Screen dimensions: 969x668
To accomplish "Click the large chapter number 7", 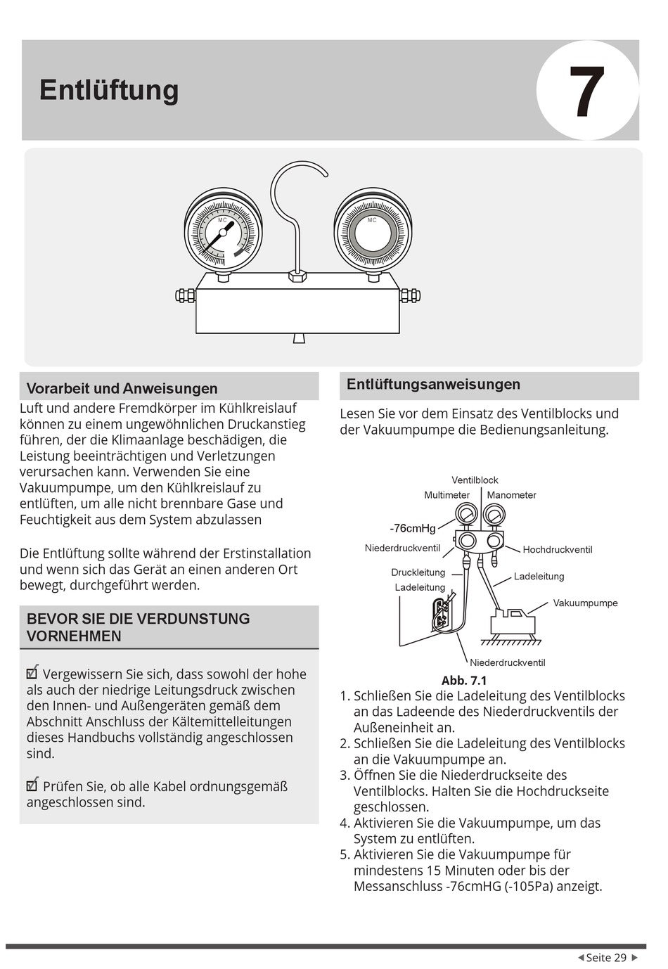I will click(x=586, y=91).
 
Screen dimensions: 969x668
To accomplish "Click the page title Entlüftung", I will click(x=109, y=90).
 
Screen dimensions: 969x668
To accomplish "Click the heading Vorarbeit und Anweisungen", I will click(x=122, y=388).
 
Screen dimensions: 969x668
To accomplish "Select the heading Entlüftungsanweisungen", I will click(x=433, y=384).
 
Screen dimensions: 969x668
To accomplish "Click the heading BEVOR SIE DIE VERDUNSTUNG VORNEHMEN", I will click(x=138, y=627).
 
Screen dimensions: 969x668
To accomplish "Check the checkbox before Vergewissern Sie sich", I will click(x=32, y=672).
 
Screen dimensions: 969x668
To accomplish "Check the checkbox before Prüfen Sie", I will click(x=32, y=785).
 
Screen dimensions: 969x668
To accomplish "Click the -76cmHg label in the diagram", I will click(x=413, y=528).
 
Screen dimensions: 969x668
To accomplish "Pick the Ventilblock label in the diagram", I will click(x=475, y=480).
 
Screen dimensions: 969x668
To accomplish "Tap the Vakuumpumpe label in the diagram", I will click(x=585, y=603).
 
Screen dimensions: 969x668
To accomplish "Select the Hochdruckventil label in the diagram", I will click(x=557, y=549).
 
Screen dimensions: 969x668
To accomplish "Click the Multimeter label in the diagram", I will click(x=447, y=495).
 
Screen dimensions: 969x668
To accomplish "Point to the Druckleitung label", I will click(x=418, y=572).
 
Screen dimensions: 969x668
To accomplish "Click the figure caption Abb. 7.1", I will click(x=464, y=680).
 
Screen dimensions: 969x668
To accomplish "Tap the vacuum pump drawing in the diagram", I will click(x=513, y=622).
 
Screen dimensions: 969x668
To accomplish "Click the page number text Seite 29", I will click(x=606, y=958).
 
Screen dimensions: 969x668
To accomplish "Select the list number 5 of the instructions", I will click(x=345, y=854).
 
